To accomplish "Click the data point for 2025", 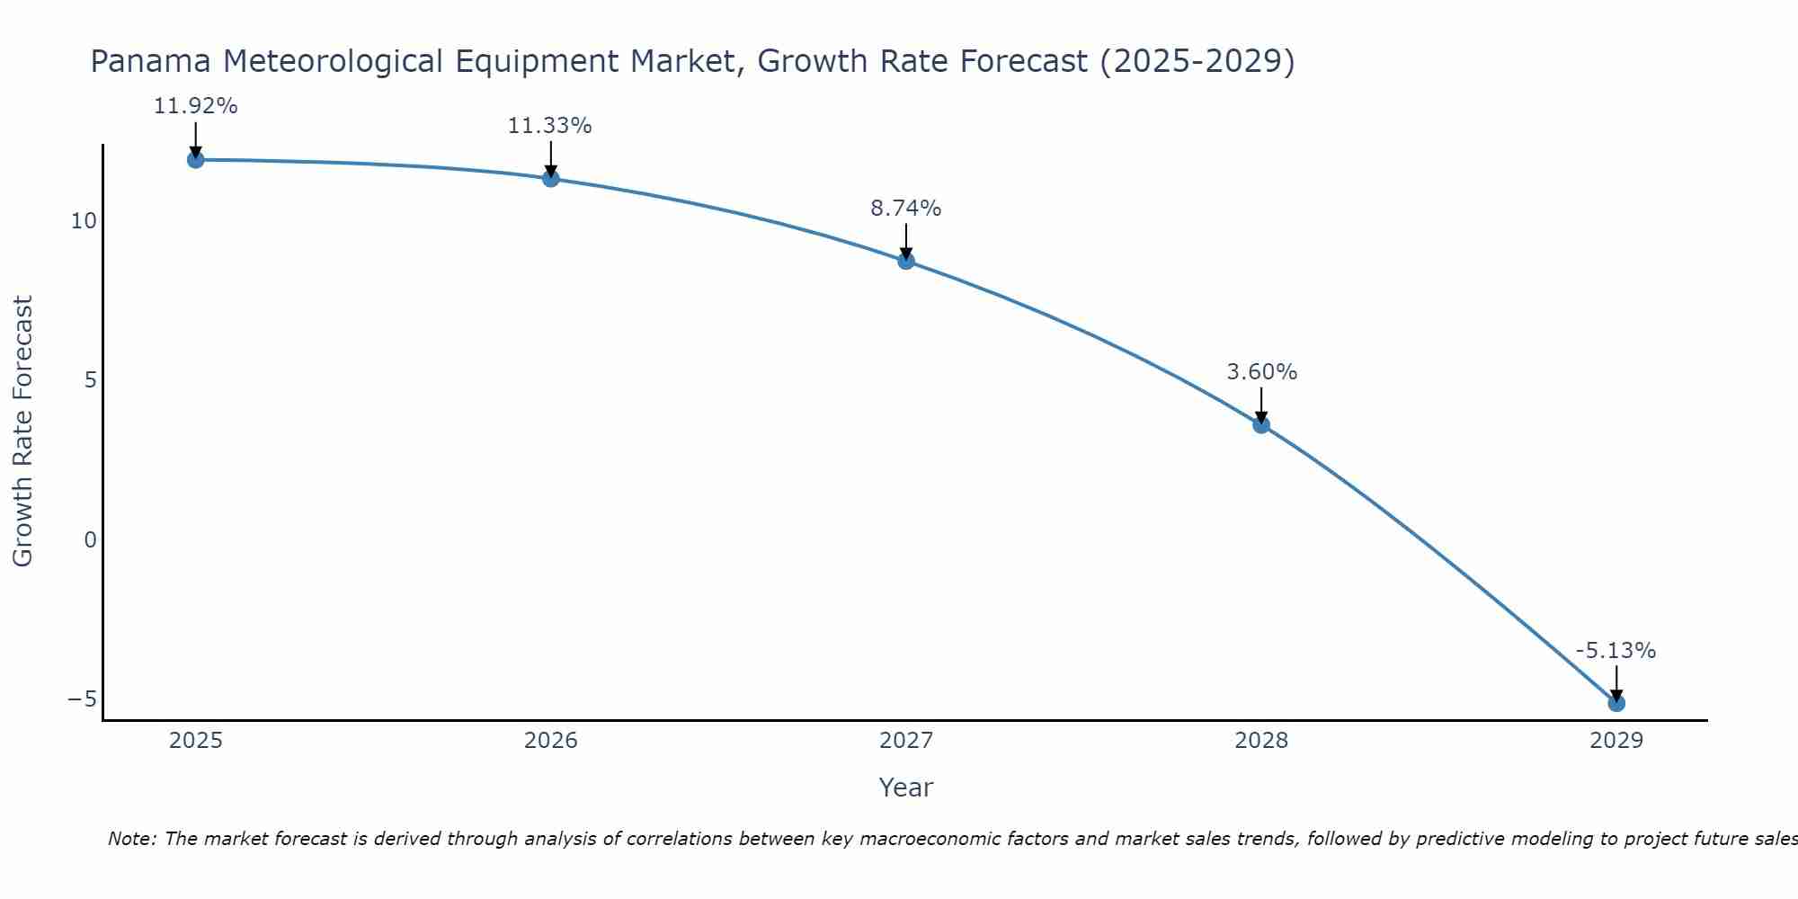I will (x=195, y=160).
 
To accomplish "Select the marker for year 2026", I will (x=551, y=179).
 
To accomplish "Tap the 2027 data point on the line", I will (x=906, y=261).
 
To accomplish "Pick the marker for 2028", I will (x=1261, y=424).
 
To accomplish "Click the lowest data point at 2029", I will (x=1616, y=703).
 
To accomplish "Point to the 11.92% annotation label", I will (x=195, y=106).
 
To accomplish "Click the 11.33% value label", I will (x=549, y=126).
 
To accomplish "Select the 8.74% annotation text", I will (x=905, y=209).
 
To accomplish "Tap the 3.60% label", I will (x=1261, y=372).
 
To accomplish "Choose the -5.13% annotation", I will (x=1616, y=651).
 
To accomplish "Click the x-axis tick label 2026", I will (x=551, y=741).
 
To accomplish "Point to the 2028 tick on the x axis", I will (x=1261, y=741).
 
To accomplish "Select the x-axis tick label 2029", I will (x=1616, y=741).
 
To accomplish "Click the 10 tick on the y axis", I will (x=84, y=221).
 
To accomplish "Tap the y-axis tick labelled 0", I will (x=90, y=539).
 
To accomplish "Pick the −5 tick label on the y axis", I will (x=82, y=699).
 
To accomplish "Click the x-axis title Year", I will (x=905, y=788).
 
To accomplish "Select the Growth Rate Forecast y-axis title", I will (x=23, y=431).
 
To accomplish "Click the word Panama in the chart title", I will (x=151, y=62).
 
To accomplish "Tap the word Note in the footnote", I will (x=132, y=840).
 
